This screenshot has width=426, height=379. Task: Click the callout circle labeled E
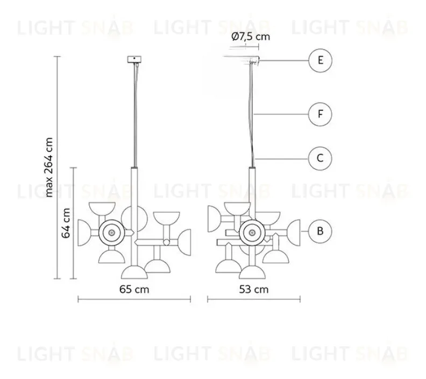point(321,60)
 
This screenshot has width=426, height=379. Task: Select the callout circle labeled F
point(321,114)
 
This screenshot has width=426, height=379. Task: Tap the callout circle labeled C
point(321,158)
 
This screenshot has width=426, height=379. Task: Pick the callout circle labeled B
point(321,231)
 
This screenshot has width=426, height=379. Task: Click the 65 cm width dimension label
point(134,289)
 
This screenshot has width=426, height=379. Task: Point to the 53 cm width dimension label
point(254,289)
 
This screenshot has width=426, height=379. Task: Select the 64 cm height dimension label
point(66,223)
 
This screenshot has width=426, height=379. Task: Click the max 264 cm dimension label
point(49,167)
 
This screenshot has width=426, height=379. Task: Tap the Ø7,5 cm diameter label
point(251,37)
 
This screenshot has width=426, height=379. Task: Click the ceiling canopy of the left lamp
point(134,59)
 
